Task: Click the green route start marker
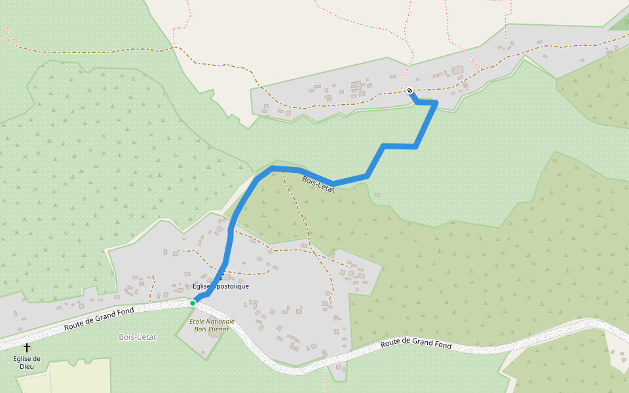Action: click(x=193, y=303)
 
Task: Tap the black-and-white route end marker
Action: click(x=410, y=90)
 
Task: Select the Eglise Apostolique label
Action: click(x=221, y=286)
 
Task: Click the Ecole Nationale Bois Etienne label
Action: click(x=212, y=325)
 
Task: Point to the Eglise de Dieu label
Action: click(x=27, y=362)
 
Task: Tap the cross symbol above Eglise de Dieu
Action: click(x=27, y=347)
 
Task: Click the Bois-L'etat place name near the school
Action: click(x=138, y=337)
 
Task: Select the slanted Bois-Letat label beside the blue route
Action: click(x=318, y=185)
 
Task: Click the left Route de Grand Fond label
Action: click(x=99, y=319)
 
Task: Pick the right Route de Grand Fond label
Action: click(x=416, y=344)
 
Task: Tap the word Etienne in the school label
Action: click(x=220, y=329)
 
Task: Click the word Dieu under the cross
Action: click(x=27, y=366)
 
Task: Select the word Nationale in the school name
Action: click(x=220, y=321)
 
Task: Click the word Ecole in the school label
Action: click(x=197, y=321)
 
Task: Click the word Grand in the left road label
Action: click(x=105, y=317)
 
